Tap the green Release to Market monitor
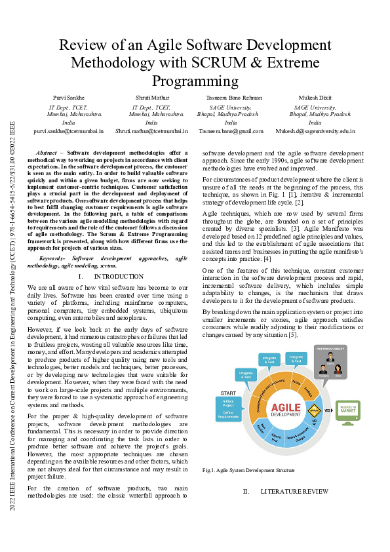[347, 411]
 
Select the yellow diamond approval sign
[313, 410]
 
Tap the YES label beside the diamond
[327, 410]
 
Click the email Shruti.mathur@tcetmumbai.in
[151, 131]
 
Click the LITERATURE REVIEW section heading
[294, 491]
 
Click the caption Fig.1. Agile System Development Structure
[248, 470]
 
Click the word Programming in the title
[195, 81]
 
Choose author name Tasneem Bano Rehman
[231, 98]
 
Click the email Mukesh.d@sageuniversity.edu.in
[315, 131]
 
